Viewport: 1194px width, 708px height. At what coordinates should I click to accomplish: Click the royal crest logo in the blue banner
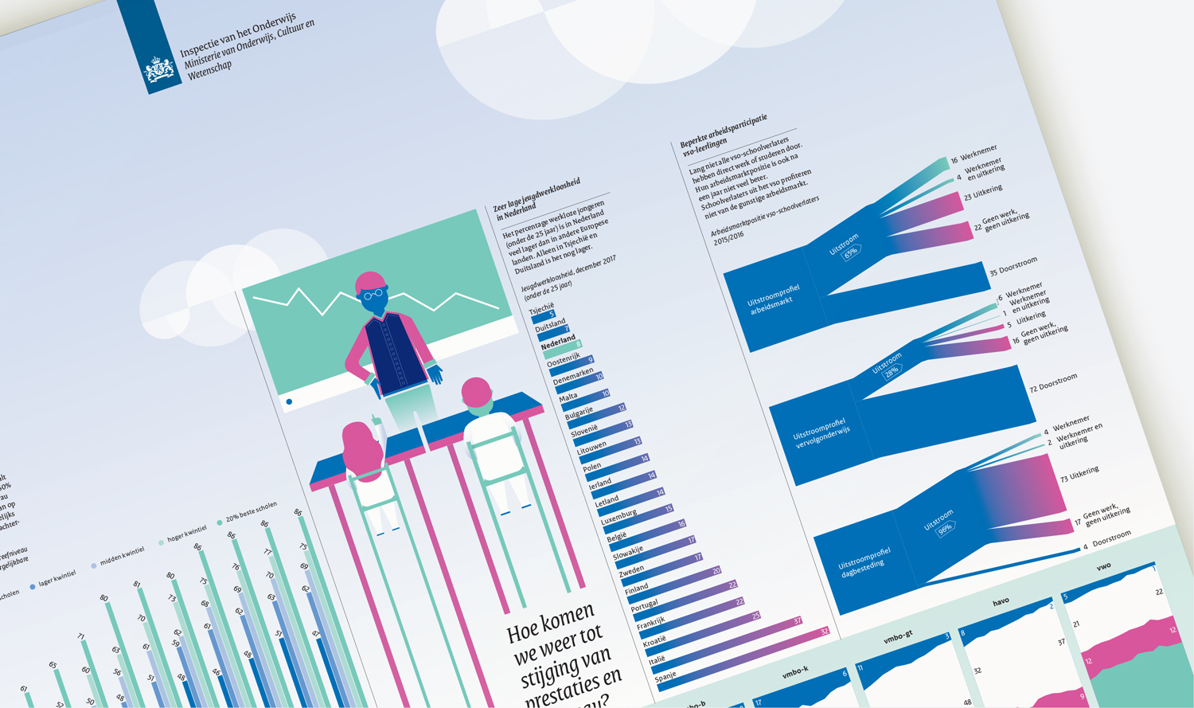[x=159, y=70]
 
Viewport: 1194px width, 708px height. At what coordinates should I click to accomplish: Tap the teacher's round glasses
[x=373, y=295]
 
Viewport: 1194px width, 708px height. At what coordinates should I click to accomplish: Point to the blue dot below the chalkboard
[x=289, y=402]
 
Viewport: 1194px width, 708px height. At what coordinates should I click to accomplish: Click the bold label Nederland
[x=557, y=343]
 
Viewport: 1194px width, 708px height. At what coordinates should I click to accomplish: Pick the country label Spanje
[x=665, y=678]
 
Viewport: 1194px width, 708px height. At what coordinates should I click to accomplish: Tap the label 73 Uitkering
[x=1079, y=475]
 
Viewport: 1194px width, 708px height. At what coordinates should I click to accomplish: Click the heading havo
[x=1001, y=602]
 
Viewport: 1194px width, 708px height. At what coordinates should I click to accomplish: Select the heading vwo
[x=1103, y=567]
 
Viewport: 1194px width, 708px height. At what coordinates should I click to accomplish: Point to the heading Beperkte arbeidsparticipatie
[x=723, y=131]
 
